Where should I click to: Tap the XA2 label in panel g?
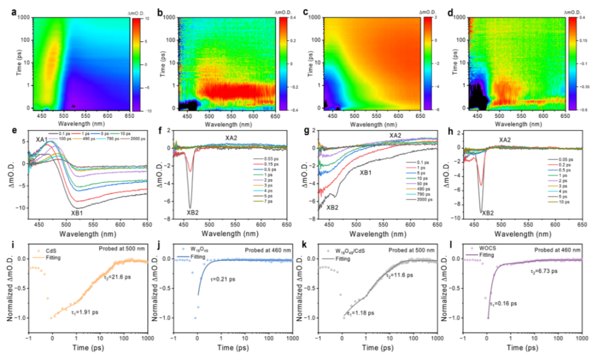point(395,136)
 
